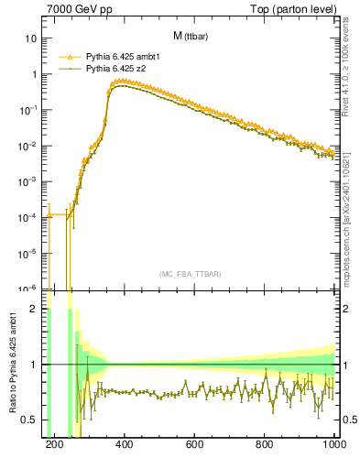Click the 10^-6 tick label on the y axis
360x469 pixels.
click(x=28, y=289)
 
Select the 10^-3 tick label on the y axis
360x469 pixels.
click(x=28, y=181)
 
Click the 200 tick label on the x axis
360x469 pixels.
click(x=54, y=446)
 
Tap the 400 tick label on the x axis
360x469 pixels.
click(x=125, y=446)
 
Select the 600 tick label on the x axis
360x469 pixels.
click(x=194, y=446)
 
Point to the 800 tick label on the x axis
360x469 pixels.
click(x=265, y=446)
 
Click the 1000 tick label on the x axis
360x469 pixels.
click(x=333, y=446)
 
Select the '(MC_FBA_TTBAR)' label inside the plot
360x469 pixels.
click(x=191, y=274)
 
